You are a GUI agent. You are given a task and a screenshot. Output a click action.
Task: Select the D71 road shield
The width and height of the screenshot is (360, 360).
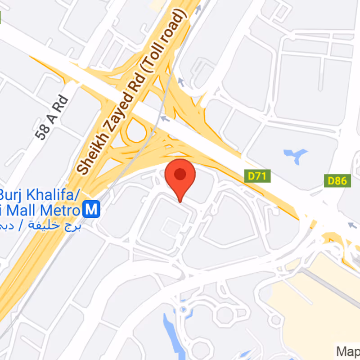(x=257, y=176)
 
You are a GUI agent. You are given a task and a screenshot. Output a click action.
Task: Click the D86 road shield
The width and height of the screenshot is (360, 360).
(x=337, y=181)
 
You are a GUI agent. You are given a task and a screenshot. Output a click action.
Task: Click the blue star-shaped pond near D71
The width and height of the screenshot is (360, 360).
(x=295, y=155)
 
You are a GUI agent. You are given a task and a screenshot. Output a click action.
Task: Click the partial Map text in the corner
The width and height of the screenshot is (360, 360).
(x=348, y=351)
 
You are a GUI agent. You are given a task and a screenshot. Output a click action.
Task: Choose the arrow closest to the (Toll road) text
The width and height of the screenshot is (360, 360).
(x=180, y=82)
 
